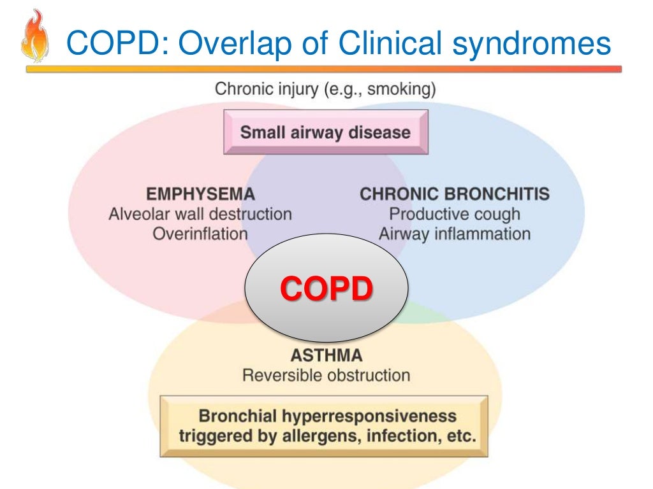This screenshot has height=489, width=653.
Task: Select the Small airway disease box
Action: [x=325, y=132]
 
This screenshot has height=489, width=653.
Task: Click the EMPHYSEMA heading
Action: [x=200, y=194]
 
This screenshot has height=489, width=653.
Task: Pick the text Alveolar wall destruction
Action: [x=200, y=214]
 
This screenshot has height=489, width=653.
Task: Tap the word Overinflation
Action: [x=200, y=234]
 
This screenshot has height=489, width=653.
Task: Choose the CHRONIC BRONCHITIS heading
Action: [x=455, y=194]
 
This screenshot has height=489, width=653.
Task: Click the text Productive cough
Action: [x=455, y=214]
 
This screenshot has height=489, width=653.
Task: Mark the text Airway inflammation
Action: [x=455, y=234]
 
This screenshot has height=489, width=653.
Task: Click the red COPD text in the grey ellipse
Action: [x=326, y=288]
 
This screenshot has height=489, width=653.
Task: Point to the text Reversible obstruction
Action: [x=326, y=374]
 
